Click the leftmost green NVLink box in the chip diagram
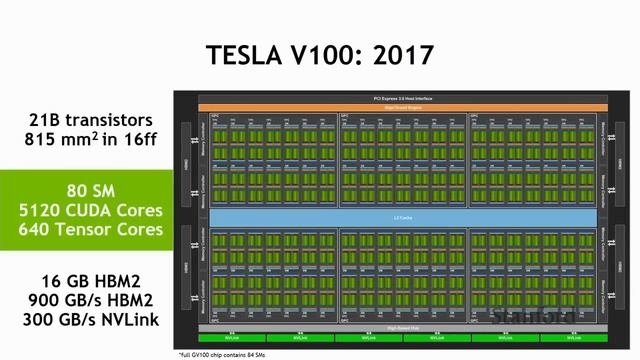coord(232,337)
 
